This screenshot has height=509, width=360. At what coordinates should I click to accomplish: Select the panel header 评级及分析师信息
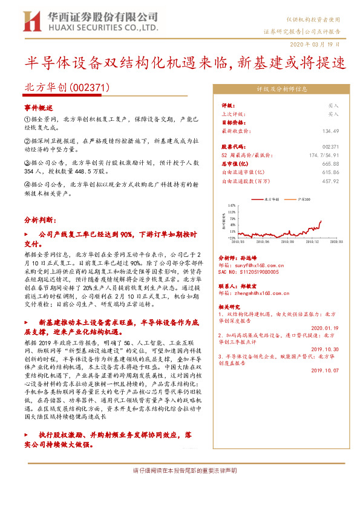point(281,88)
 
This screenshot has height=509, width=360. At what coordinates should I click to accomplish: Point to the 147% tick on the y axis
point(232,206)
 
